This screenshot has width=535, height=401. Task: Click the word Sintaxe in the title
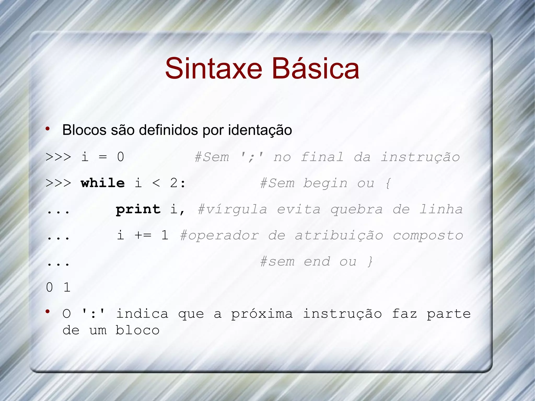[213, 68]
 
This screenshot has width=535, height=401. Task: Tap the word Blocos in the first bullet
[84, 130]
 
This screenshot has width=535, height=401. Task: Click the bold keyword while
[103, 183]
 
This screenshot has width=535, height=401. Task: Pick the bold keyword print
[138, 209]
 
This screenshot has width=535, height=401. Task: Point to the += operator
[143, 235]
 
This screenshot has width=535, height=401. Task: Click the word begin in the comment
[325, 183]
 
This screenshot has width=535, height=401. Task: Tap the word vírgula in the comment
[232, 210]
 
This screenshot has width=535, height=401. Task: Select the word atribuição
[339, 236]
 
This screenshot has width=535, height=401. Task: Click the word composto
[428, 236]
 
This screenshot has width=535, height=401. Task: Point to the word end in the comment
[317, 261]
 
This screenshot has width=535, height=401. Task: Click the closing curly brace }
[370, 261]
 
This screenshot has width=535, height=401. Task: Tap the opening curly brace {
[388, 183]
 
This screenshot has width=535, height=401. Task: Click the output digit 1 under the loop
[67, 287]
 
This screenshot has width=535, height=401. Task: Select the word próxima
[262, 314]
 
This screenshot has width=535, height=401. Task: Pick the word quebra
[357, 210]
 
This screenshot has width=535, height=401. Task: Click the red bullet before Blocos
[48, 129]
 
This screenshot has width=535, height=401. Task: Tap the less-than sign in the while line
[156, 183]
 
